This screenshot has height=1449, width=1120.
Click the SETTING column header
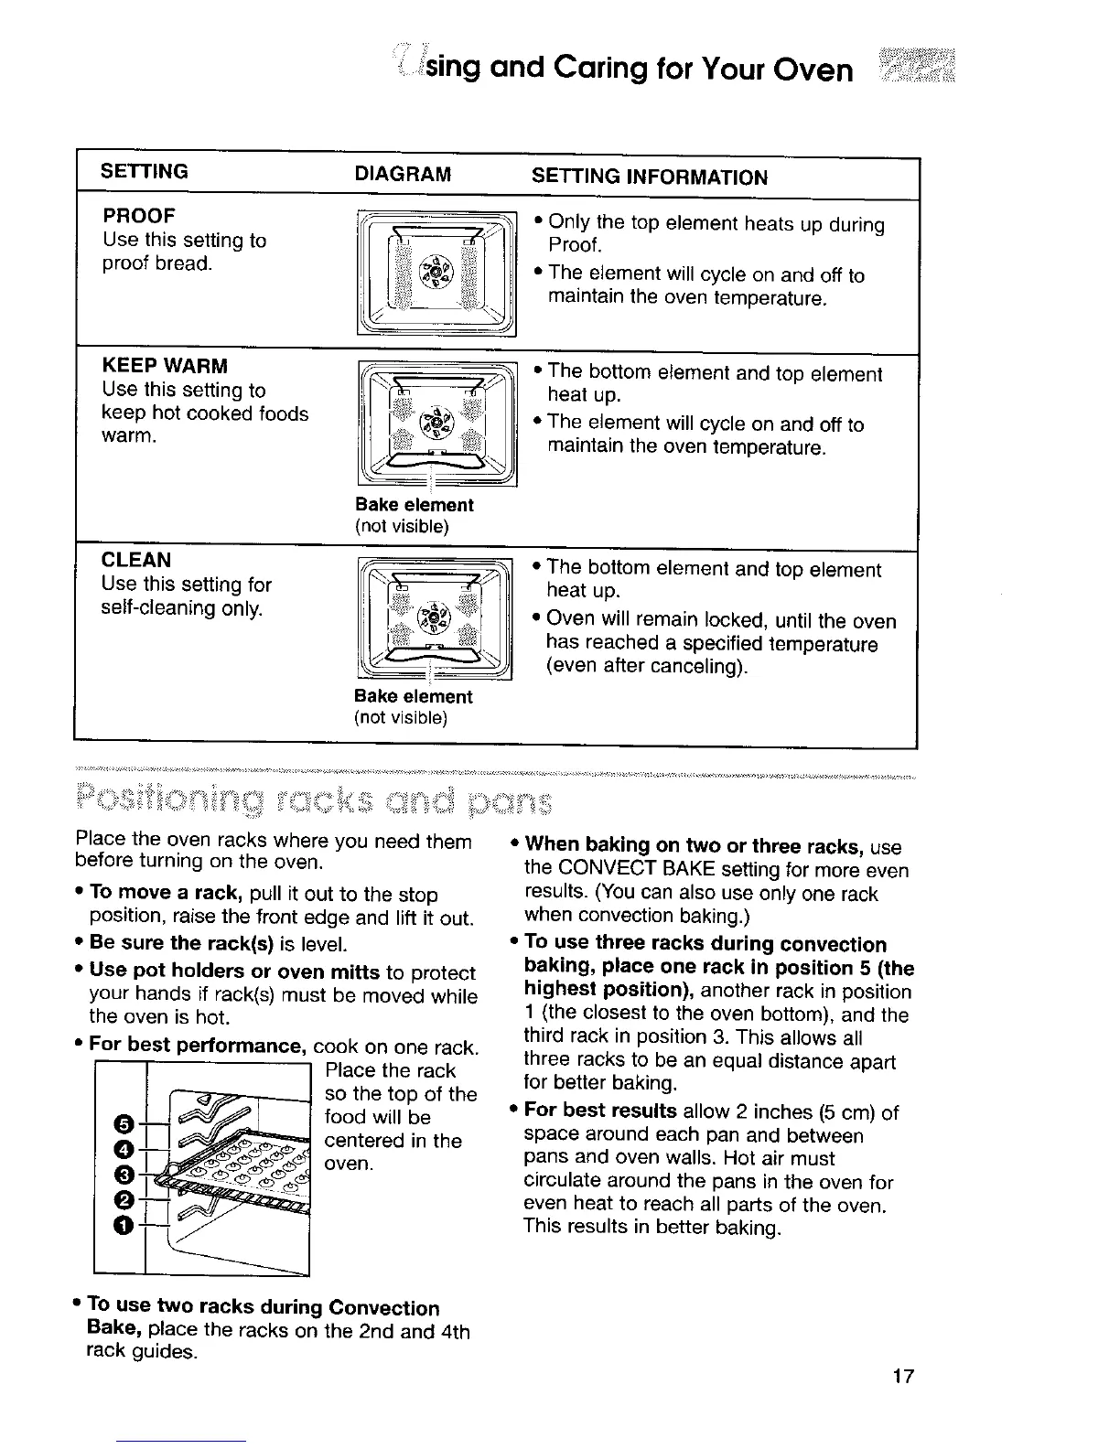[x=145, y=172]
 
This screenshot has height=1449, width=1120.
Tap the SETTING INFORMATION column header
[x=650, y=177]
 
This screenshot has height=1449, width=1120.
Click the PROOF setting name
[x=139, y=217]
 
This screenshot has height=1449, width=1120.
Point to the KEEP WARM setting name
[x=165, y=367]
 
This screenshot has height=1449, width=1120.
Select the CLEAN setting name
[x=137, y=561]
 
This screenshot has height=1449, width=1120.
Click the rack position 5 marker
[x=124, y=1123]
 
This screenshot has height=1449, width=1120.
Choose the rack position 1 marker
[x=124, y=1225]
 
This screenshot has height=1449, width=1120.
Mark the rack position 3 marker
[x=124, y=1175]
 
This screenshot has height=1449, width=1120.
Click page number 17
[x=903, y=1377]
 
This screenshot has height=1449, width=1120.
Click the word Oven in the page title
[x=811, y=70]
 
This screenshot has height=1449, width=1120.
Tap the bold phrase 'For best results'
[x=600, y=1111]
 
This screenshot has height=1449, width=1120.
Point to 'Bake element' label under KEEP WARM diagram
[x=415, y=505]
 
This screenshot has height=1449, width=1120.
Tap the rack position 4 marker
[x=124, y=1149]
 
